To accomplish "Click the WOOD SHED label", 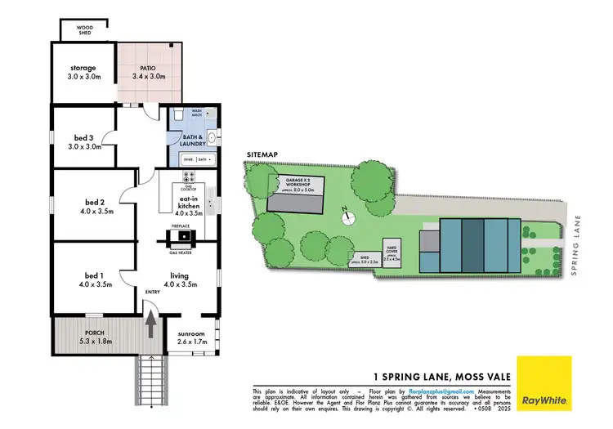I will (x=84, y=30).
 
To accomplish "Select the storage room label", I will (x=83, y=73).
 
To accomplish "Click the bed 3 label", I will (x=83, y=142).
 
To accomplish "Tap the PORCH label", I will (x=93, y=335).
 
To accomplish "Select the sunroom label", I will (x=194, y=337).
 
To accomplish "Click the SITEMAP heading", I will (x=261, y=154).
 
